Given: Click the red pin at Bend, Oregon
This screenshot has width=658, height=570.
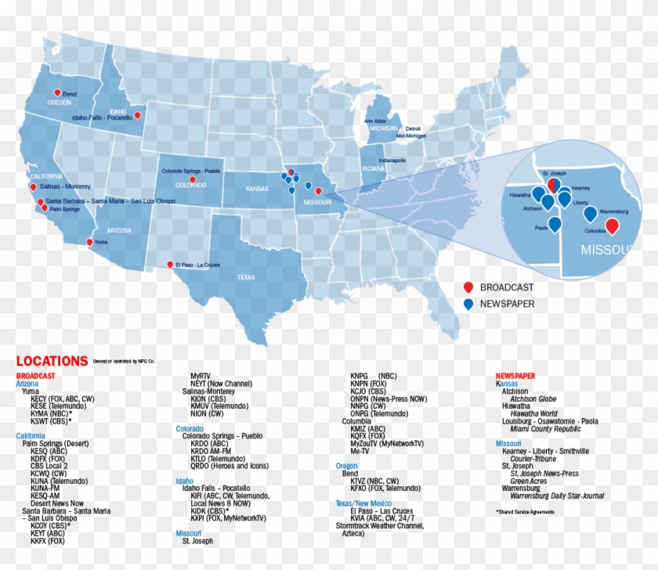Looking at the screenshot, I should pyautogui.click(x=57, y=92).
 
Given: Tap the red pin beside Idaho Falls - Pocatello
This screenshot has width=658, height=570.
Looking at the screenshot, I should pyautogui.click(x=138, y=115).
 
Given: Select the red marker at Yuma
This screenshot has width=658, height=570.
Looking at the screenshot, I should pyautogui.click(x=89, y=242).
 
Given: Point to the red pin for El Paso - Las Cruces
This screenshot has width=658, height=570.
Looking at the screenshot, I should pyautogui.click(x=170, y=264).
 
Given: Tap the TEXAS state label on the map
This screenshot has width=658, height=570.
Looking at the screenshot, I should pyautogui.click(x=246, y=277).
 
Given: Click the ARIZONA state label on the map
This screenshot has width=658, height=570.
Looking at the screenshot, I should pyautogui.click(x=119, y=230).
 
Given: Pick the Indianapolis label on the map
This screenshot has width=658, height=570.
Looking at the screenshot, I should pyautogui.click(x=392, y=161).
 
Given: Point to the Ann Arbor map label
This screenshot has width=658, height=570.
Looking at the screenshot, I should pyautogui.click(x=374, y=121).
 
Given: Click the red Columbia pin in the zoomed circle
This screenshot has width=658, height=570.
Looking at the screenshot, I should pyautogui.click(x=612, y=225).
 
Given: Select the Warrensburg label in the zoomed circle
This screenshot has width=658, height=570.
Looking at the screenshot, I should pyautogui.click(x=614, y=211).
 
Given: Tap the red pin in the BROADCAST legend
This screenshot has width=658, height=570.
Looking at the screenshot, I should pyautogui.click(x=468, y=287).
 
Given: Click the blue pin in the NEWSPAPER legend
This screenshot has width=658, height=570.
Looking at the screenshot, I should pyautogui.click(x=468, y=304).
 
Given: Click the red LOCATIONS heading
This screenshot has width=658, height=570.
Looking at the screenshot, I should pyautogui.click(x=52, y=362).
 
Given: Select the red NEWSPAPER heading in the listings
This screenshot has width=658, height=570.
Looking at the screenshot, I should pyautogui.click(x=515, y=376).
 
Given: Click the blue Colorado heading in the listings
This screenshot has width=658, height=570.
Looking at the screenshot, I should pyautogui.click(x=190, y=428).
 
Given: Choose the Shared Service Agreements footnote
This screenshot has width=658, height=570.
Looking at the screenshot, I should pyautogui.click(x=525, y=512).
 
